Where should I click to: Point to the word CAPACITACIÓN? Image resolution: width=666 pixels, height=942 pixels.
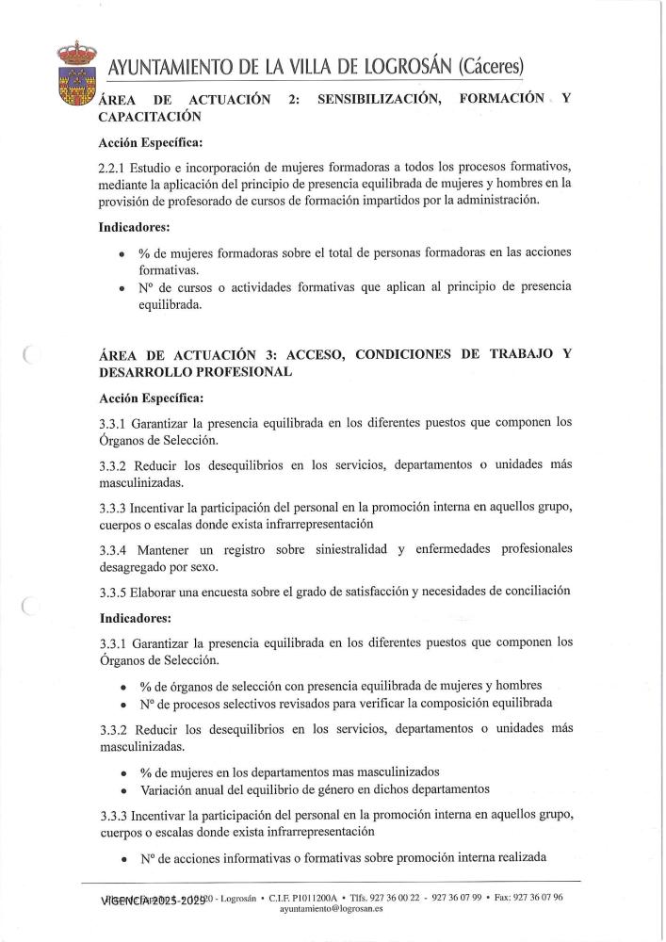click(x=151, y=117)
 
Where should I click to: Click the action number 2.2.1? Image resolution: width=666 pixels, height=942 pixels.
click(x=115, y=165)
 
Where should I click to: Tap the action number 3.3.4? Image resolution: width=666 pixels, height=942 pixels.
click(x=115, y=548)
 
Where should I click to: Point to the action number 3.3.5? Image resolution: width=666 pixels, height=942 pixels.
click(x=115, y=592)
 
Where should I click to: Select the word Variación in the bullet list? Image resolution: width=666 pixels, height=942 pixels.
click(x=171, y=789)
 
